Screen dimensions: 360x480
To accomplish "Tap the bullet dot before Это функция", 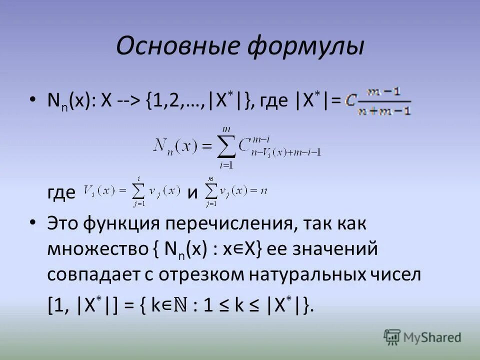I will [32, 223].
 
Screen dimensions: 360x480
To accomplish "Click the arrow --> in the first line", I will [128, 100].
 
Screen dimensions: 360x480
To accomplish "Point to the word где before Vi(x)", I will [61, 192].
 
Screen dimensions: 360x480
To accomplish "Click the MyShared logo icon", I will [392, 336].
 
